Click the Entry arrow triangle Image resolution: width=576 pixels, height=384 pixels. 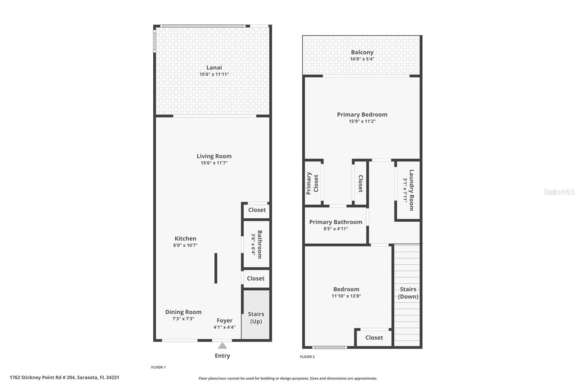point(222,346)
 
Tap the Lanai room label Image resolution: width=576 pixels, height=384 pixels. point(214,68)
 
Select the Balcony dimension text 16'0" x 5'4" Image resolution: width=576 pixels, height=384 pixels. point(362,59)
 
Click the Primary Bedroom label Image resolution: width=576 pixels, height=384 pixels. point(362,115)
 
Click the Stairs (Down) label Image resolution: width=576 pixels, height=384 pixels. point(408,293)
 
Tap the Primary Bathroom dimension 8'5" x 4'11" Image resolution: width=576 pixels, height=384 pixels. point(336,229)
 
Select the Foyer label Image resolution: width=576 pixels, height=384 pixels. point(224,321)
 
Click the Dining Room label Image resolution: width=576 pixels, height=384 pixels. point(183,312)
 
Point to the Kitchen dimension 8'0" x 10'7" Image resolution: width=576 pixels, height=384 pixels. point(185,245)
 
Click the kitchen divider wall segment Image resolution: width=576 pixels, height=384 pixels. point(216,268)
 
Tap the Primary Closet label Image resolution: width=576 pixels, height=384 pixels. point(312,183)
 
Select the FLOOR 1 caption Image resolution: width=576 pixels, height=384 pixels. point(158,367)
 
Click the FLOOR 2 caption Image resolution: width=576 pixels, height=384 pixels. point(307,357)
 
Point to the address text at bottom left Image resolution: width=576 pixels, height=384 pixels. point(64,378)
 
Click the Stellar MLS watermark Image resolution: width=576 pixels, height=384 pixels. point(559,192)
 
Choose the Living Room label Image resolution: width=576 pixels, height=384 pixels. point(214,156)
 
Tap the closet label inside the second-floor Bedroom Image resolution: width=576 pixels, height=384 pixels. point(374,338)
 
